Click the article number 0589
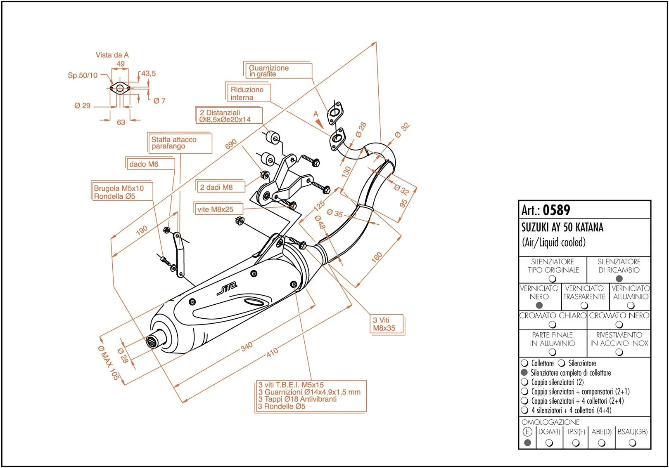tap(556, 210)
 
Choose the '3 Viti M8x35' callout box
tap(387, 324)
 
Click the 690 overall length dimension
tap(231, 144)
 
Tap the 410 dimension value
tap(272, 352)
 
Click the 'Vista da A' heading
tap(112, 55)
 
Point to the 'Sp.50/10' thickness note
tap(83, 75)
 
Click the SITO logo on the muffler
tap(227, 289)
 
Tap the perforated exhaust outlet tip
tap(153, 342)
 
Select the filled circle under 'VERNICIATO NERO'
tap(539, 305)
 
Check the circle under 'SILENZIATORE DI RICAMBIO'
tap(619, 279)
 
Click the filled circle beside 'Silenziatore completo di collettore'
tap(524, 372)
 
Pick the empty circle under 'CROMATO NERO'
tap(619, 324)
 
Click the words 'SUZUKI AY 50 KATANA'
tap(562, 227)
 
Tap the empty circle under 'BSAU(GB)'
tap(632, 443)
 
